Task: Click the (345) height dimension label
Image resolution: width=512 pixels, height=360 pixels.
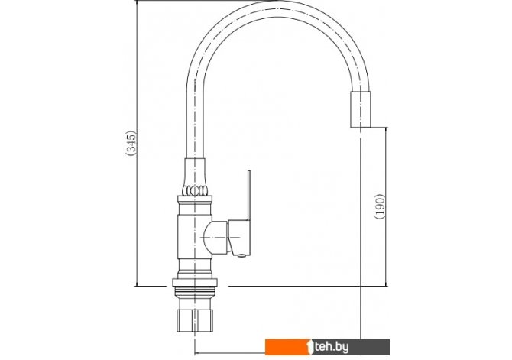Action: pos(131,143)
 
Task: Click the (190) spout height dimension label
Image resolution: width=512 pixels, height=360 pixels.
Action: pos(380,206)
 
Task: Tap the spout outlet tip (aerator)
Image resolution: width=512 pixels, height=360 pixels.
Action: pos(361,109)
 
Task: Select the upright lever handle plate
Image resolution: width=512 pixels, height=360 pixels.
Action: pos(249,195)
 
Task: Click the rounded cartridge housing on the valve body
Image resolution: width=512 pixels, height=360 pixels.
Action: pos(215,237)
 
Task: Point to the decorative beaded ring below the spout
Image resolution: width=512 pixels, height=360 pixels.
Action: pos(195,191)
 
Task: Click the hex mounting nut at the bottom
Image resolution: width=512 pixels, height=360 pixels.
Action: pos(195,320)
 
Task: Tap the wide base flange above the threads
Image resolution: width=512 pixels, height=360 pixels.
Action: pos(195,283)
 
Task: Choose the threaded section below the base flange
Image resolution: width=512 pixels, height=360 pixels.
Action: pos(195,292)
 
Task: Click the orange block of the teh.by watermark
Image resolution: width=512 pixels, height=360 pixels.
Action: pos(287,347)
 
